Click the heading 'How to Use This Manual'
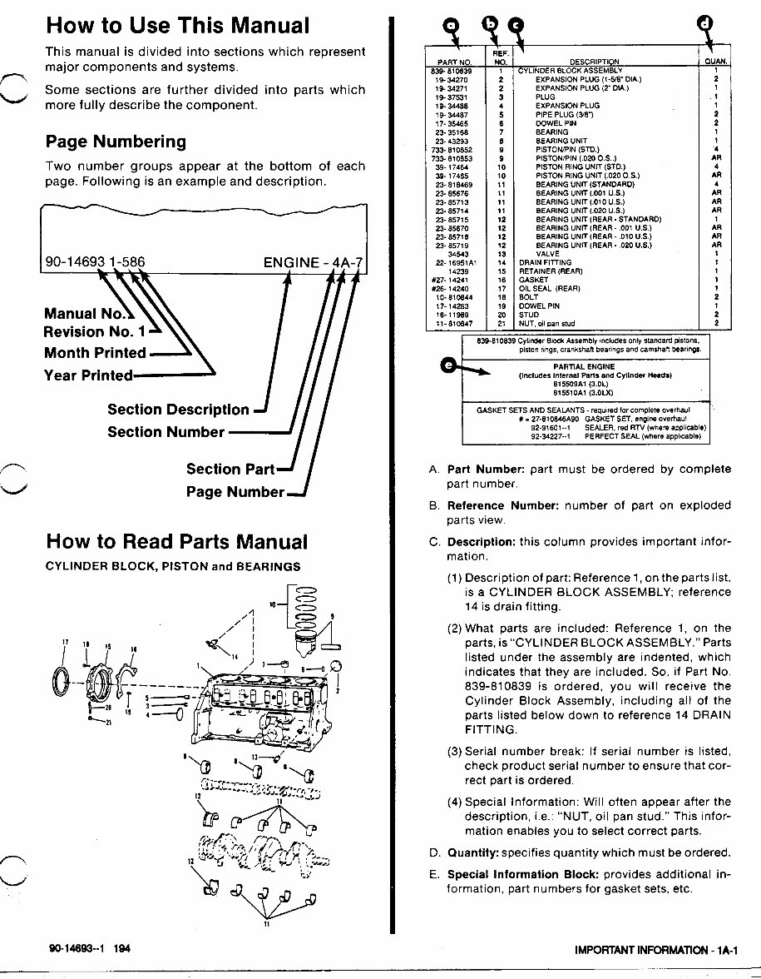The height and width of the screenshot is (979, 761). [177, 25]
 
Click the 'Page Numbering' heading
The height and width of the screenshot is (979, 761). [116, 142]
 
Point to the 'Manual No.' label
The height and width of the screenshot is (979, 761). [86, 314]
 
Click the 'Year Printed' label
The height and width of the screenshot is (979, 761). [87, 375]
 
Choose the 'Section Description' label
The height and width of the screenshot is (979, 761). [178, 410]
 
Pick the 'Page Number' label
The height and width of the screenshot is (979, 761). [235, 491]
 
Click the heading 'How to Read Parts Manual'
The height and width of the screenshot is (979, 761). [176, 542]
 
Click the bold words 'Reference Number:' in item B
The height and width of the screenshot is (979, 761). [503, 505]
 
